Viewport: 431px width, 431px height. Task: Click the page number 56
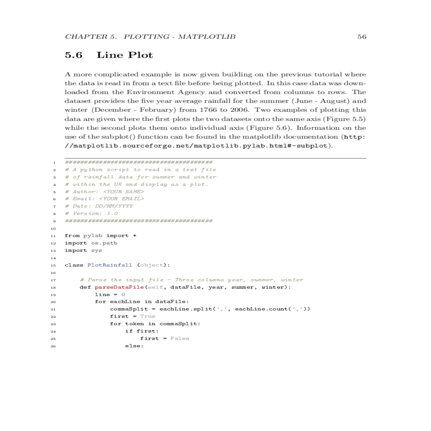(x=362, y=37)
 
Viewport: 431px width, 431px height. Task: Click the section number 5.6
(x=74, y=55)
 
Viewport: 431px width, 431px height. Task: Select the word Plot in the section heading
(x=140, y=55)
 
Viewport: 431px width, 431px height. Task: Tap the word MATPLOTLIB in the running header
(x=207, y=37)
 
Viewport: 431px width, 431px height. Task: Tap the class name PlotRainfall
(x=110, y=265)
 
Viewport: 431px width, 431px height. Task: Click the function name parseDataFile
(x=119, y=287)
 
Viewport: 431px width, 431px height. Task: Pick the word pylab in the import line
(x=93, y=236)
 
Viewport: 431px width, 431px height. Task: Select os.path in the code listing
(x=104, y=243)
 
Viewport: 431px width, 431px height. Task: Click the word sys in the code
(x=97, y=250)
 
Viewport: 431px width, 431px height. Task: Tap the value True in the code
(x=148, y=316)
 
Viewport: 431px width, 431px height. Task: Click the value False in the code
(x=180, y=339)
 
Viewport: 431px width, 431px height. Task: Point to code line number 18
(x=53, y=288)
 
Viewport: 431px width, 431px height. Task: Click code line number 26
(x=53, y=346)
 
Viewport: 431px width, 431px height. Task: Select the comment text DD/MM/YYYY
(x=114, y=206)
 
